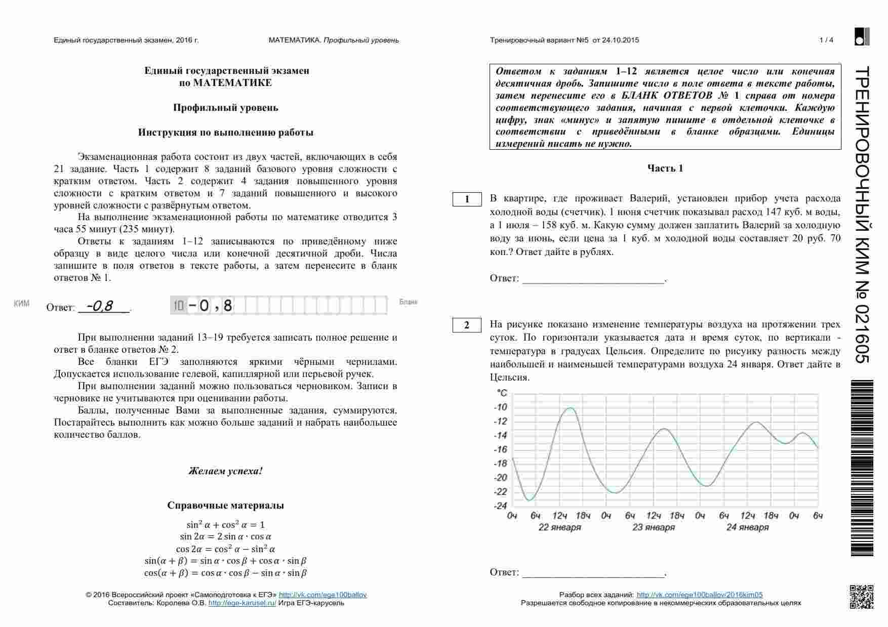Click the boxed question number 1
point(467,199)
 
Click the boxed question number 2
point(467,325)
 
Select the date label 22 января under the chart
point(559,527)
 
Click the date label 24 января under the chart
point(747,527)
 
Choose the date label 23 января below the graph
point(653,527)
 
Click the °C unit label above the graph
point(502,393)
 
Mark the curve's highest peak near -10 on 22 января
point(571,408)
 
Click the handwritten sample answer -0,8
point(100,306)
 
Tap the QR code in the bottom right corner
point(861,597)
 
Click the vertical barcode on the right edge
point(862,468)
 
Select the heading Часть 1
point(665,169)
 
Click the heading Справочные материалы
point(225,506)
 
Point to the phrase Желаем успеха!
point(225,471)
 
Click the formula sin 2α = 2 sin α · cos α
point(225,537)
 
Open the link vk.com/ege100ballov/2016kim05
point(699,595)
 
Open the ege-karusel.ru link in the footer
point(242,603)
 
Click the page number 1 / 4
point(826,40)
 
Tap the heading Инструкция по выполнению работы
point(225,133)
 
